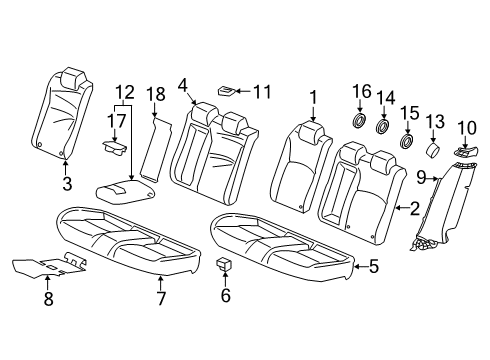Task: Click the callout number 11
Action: [262, 91]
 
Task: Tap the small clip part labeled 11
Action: [226, 90]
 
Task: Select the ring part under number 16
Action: [359, 121]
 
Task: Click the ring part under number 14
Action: [383, 127]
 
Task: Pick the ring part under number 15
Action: [407, 141]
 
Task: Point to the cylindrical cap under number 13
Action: [433, 150]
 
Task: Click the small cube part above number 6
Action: [223, 264]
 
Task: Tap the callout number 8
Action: [48, 299]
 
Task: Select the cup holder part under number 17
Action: [115, 148]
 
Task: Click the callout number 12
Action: [125, 92]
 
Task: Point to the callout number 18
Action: [156, 94]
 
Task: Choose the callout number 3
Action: [67, 183]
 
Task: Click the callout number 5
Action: [374, 267]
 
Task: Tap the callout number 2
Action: [414, 208]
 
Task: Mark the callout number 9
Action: [421, 178]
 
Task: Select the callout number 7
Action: [161, 299]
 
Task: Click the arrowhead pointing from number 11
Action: [237, 91]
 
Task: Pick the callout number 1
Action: [313, 98]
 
